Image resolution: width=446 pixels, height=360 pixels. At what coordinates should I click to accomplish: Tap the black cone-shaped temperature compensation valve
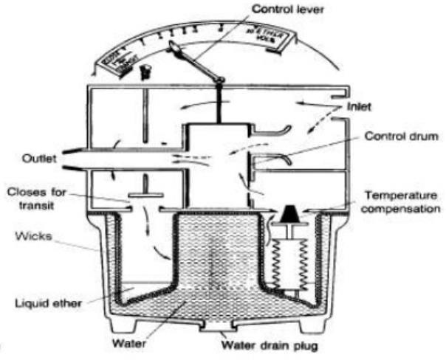tap(287, 214)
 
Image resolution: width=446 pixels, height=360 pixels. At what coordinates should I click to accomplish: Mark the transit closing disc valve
tap(144, 197)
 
